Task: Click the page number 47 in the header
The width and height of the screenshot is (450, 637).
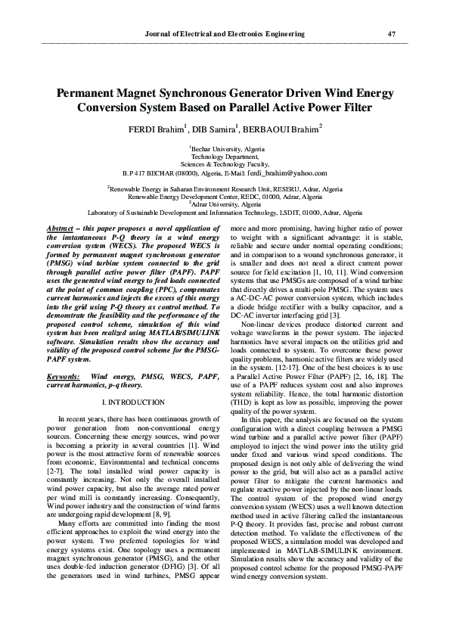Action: [391, 34]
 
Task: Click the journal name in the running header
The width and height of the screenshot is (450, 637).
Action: [225, 34]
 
